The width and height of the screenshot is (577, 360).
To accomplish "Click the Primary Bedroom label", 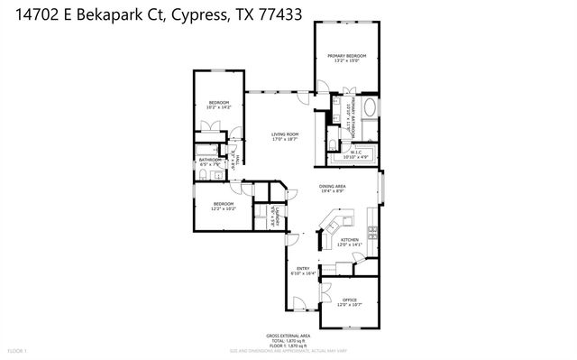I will coord(347,56).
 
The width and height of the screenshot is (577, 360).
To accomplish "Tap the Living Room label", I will coord(285,135).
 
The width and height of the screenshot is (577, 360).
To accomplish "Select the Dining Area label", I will coord(334,187).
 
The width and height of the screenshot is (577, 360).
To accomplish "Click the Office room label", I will coord(350,301).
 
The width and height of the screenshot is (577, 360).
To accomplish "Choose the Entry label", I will coord(303,269).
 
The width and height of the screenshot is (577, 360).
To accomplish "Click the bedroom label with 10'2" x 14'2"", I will coord(219,104).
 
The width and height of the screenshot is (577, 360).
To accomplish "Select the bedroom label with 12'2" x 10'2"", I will coord(223,205).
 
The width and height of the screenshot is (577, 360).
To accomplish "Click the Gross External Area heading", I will coord(288,333).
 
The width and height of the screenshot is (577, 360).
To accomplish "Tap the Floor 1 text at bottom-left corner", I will coord(19,349).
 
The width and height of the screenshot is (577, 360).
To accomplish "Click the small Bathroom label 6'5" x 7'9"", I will coord(210,162).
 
